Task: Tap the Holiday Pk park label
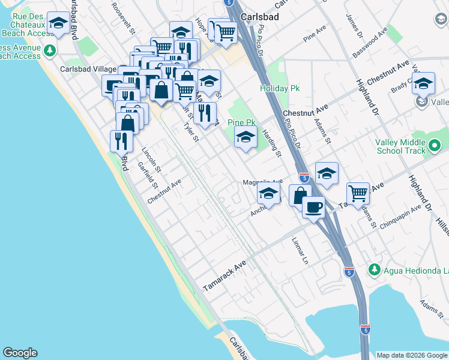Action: pos(279,88)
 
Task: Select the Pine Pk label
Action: pos(242,122)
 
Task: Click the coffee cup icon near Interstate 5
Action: pos(313,208)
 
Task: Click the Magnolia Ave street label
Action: pos(262,181)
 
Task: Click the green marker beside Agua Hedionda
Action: pos(375,268)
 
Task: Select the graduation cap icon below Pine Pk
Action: pos(245,138)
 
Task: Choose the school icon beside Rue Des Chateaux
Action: pos(58,24)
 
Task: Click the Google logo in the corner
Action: pos(20,353)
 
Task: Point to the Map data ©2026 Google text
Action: pos(412,355)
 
